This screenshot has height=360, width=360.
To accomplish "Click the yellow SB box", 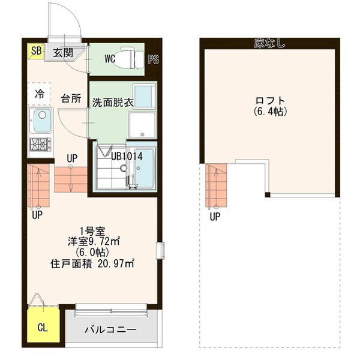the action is tap(35, 51).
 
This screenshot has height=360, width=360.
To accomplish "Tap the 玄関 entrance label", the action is tap(63, 53).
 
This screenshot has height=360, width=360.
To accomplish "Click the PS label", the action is tap(153, 59).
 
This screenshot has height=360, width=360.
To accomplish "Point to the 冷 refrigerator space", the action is tap(39, 94).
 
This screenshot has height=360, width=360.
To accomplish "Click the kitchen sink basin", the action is tap(42, 121).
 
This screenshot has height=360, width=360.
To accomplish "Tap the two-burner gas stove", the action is tap(41, 145).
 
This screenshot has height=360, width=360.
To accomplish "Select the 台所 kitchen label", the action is tap(71, 98).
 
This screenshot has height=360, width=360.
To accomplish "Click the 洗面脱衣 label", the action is tap(113, 103).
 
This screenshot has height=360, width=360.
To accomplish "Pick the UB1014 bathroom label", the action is tap(127, 157).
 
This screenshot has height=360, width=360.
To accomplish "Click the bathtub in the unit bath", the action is tap(144, 168).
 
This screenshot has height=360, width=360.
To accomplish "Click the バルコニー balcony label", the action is tap(110, 330).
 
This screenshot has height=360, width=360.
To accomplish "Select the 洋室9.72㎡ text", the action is tap(94, 241).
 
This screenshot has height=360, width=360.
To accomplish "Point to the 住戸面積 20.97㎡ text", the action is tap(92, 263).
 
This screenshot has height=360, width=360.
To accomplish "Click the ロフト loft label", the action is tap(271, 101).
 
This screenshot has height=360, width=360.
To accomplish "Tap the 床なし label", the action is tap(270, 43).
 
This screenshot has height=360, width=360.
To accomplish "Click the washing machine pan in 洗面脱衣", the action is tap(142, 125).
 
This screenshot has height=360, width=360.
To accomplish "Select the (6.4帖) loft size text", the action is tap(271, 112).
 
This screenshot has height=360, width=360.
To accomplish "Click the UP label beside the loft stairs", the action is tap(215, 216).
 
